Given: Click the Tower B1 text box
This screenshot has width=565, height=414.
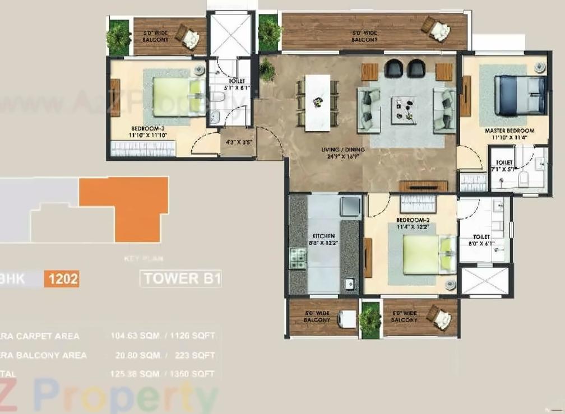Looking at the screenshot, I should [x=182, y=278].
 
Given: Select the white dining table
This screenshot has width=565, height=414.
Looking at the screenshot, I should [x=317, y=103].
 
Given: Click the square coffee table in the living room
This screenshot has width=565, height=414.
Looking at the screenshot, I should [x=404, y=110].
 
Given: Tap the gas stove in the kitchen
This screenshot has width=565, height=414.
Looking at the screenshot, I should [x=297, y=257].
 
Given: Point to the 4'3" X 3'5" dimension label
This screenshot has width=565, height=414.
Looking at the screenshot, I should [x=238, y=142].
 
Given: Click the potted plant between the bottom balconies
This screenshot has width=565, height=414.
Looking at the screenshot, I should [x=370, y=319].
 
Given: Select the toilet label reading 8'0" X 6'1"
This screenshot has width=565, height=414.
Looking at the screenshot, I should [x=481, y=241].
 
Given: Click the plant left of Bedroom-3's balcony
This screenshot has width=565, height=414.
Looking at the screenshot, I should [x=118, y=37].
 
